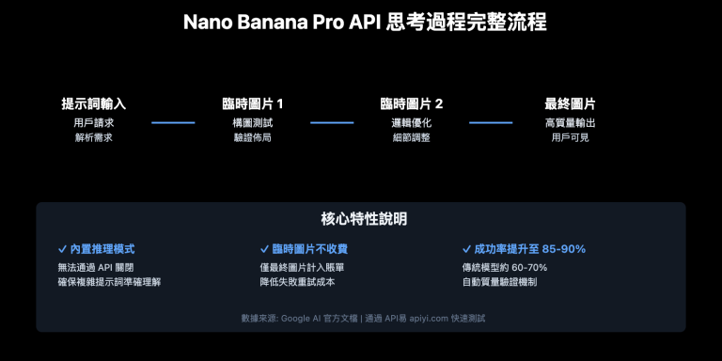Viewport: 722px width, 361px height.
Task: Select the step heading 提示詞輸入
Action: tap(93, 103)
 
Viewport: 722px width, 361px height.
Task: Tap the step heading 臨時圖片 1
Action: tap(252, 103)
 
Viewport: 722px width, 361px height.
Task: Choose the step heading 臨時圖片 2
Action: tap(411, 103)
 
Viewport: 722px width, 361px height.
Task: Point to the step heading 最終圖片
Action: tap(570, 103)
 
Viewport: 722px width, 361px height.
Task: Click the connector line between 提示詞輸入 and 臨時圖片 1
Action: tap(173, 123)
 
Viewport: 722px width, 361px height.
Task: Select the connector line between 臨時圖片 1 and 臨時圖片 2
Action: tap(332, 123)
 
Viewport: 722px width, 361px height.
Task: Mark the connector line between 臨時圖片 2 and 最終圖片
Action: tap(491, 123)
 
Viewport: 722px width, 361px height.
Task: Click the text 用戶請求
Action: tap(93, 123)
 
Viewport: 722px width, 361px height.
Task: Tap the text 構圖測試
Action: tap(252, 123)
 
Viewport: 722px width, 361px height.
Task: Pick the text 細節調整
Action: tap(411, 138)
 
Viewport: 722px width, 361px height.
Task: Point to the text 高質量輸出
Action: tap(570, 123)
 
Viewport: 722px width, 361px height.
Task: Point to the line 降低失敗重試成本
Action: tap(298, 282)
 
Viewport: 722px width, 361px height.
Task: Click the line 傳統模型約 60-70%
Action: tap(506, 268)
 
